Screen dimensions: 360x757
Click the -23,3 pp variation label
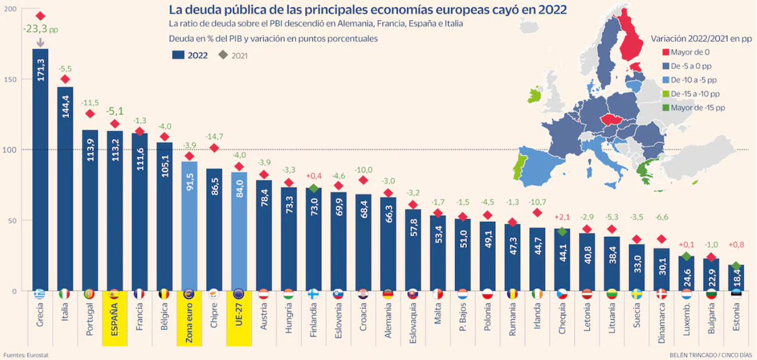[x=40, y=28]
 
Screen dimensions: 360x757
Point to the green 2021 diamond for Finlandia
[x=314, y=189]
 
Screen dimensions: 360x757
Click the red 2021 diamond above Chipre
[x=214, y=148]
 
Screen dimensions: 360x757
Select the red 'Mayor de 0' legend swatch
[x=665, y=53]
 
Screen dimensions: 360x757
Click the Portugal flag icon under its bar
[x=90, y=294]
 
